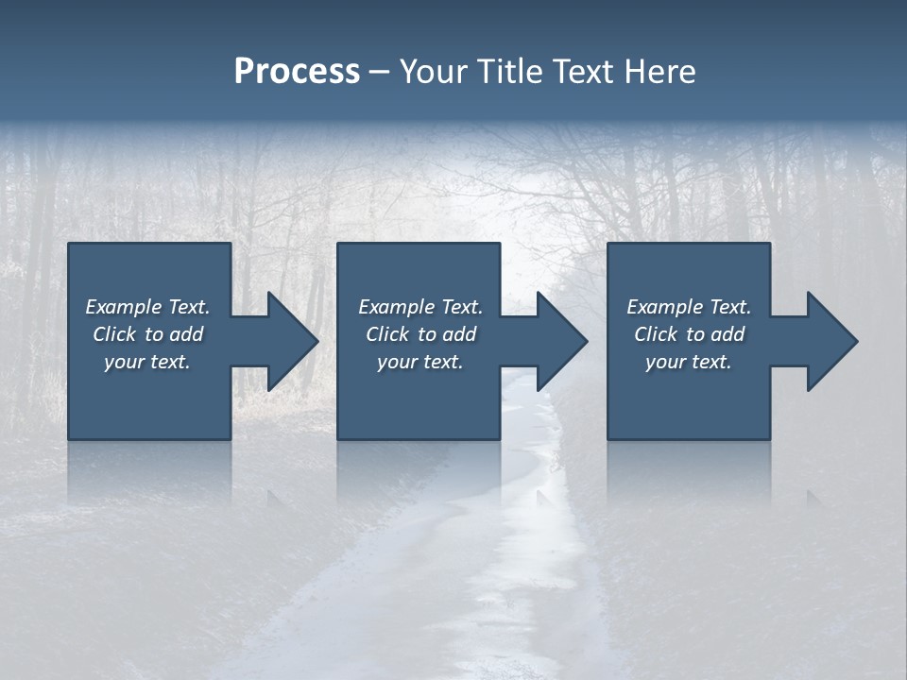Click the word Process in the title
tap(297, 72)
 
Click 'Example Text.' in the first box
tap(147, 307)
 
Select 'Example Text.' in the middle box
tap(420, 307)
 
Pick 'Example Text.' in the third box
tap(689, 307)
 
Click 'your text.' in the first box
tap(147, 362)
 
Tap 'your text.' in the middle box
tap(420, 362)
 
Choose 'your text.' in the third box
tap(689, 362)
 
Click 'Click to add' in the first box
tap(147, 334)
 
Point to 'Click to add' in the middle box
tap(420, 334)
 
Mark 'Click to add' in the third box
tap(689, 334)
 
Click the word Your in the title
tap(432, 72)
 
